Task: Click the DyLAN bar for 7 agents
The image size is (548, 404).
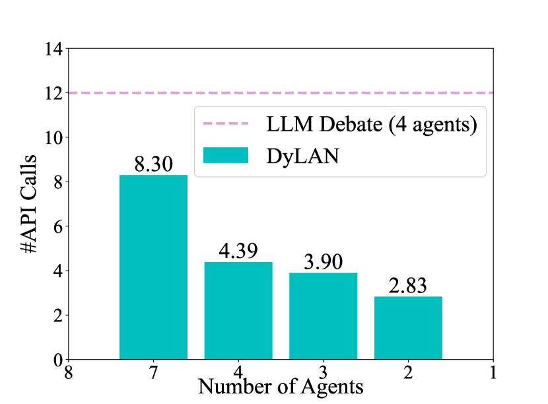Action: [153, 267]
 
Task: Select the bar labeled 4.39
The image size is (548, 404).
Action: [238, 310]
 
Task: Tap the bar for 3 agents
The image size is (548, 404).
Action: [323, 316]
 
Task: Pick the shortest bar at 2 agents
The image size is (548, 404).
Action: [408, 328]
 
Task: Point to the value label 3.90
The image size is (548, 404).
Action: [323, 262]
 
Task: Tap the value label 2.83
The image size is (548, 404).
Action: [408, 286]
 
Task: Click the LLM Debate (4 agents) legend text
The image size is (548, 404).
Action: [372, 123]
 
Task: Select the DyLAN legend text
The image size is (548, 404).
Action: [302, 156]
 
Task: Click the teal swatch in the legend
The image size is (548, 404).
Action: [226, 155]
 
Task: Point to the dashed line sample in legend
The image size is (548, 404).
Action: [226, 123]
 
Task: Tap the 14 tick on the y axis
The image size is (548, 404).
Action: [53, 50]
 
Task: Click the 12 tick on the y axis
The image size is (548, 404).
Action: [53, 94]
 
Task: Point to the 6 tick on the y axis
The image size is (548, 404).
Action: [57, 227]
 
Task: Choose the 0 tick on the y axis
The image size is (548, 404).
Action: [57, 360]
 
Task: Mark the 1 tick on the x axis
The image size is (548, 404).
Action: [493, 372]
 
